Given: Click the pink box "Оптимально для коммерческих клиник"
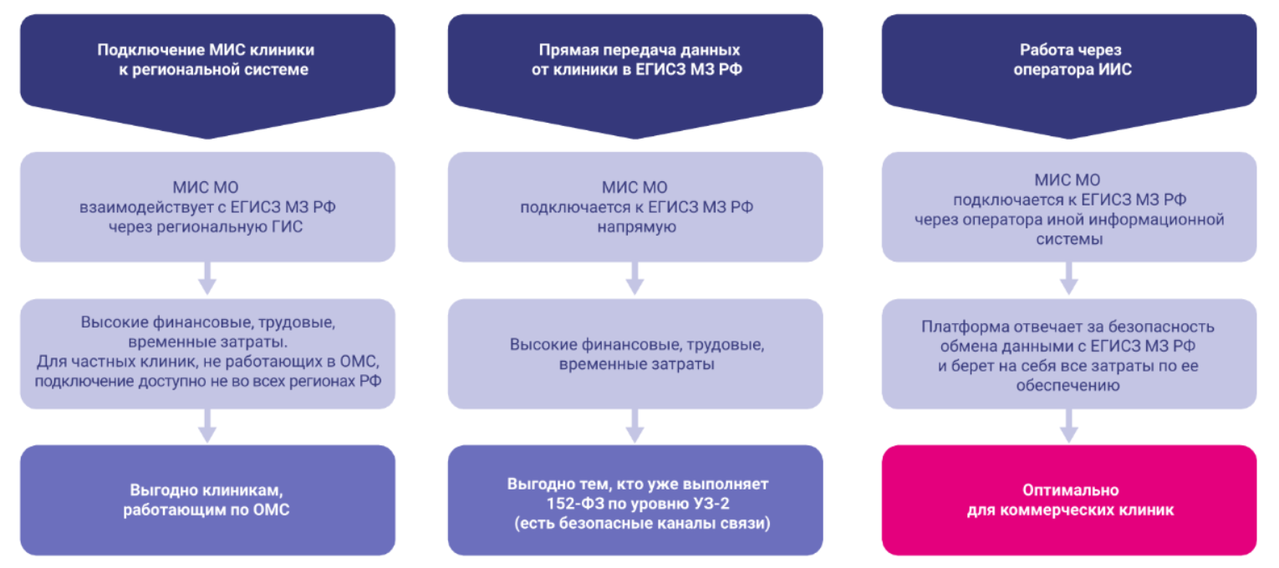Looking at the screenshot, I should [x=1068, y=500].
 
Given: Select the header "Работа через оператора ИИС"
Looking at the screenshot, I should [x=1068, y=60].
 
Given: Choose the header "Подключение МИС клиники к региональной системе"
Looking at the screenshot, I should [x=207, y=60].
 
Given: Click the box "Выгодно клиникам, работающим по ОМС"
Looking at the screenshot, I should [x=207, y=500].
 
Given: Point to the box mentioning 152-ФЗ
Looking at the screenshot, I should [x=635, y=500].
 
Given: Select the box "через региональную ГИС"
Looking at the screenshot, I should [x=207, y=206].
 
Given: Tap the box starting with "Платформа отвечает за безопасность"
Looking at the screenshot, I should [x=1068, y=353].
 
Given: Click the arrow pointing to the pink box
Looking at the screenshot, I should [x=1068, y=427].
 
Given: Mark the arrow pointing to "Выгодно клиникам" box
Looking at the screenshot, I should [x=207, y=427].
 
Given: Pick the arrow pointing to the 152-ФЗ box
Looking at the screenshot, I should [x=635, y=427].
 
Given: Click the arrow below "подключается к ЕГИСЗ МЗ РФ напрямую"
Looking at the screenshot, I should [x=635, y=279].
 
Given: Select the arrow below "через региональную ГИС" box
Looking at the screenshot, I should [x=207, y=279].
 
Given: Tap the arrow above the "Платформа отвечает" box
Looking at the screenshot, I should [x=1068, y=279].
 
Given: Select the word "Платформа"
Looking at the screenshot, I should [x=953, y=327].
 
